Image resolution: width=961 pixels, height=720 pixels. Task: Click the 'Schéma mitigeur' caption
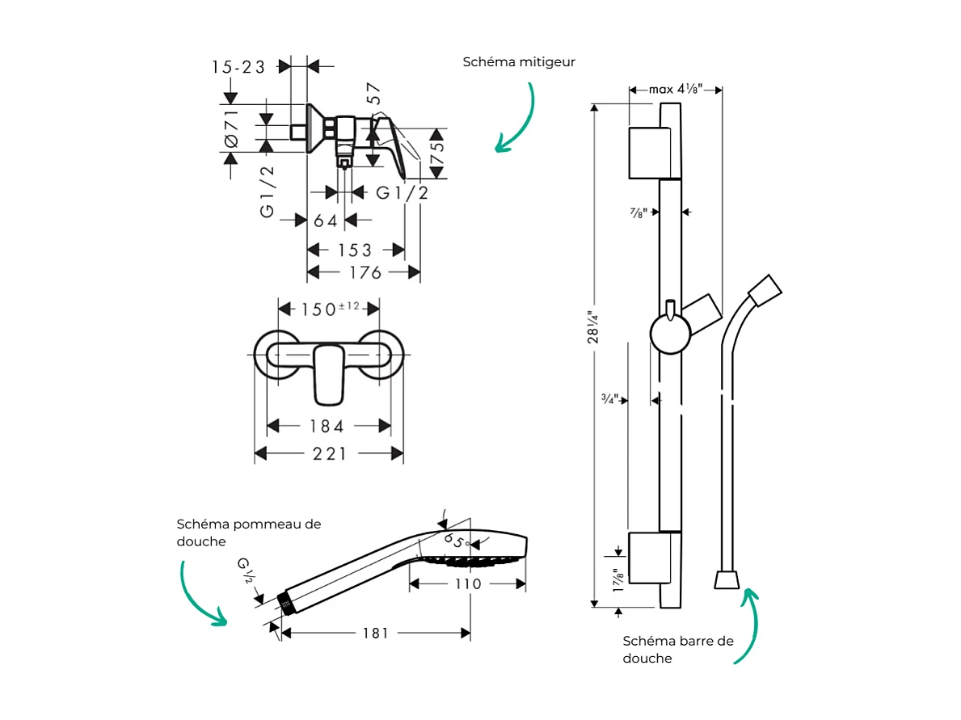coord(519,62)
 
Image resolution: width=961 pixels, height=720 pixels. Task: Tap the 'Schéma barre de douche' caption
coord(678,649)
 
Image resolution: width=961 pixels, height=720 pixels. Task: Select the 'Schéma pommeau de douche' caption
coord(248,533)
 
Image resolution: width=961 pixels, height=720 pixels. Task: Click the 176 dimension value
coord(365,273)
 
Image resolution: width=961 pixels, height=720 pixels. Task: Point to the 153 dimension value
coord(356,250)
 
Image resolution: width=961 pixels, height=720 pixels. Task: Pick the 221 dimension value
coord(329,454)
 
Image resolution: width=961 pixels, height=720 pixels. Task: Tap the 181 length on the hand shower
coord(375,634)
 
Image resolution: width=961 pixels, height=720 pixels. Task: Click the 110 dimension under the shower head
coord(467,583)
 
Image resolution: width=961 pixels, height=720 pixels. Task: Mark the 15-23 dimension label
coord(239,67)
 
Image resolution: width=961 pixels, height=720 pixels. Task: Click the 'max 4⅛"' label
coord(675,89)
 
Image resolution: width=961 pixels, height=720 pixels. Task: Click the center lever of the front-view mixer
coord(329,373)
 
